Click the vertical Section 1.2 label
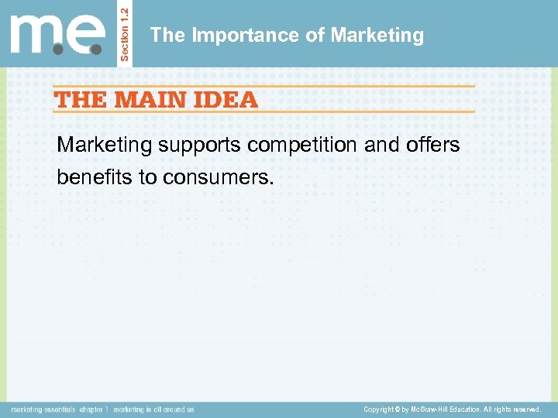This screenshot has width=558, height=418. (127, 33)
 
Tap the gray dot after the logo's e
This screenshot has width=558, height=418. (96, 49)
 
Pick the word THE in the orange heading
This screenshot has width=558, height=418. (81, 99)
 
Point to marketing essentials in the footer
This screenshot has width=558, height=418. (43, 409)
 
